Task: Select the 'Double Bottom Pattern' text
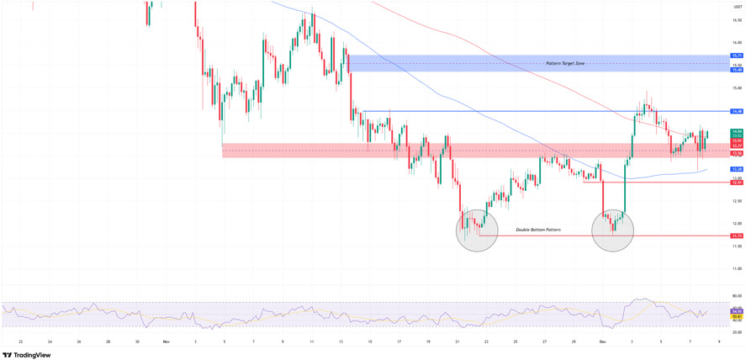click(537, 230)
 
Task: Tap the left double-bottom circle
click(477, 230)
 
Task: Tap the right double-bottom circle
click(612, 230)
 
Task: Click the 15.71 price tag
click(736, 56)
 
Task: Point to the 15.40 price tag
click(736, 70)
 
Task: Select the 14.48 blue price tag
click(736, 111)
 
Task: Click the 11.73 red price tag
click(736, 236)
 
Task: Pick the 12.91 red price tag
click(736, 182)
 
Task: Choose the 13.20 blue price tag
click(736, 169)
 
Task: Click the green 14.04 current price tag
click(736, 132)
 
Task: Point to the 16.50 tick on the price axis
click(736, 20)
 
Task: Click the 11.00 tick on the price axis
click(736, 268)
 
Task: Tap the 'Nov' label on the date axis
click(167, 341)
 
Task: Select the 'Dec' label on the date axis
click(603, 341)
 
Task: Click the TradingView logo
click(27, 355)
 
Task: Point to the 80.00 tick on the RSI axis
click(736, 296)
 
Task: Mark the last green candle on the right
click(707, 134)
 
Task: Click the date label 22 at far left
click(20, 341)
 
